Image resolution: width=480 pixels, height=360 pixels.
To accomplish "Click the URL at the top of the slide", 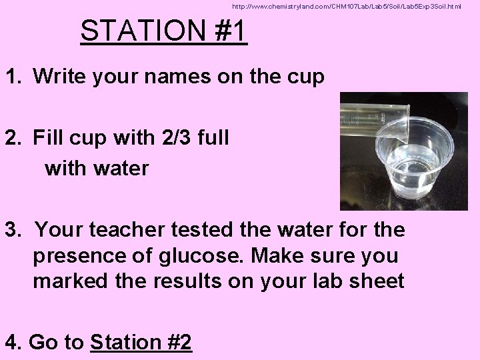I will (x=346, y=7).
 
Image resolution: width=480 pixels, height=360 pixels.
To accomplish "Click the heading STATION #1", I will (x=163, y=31).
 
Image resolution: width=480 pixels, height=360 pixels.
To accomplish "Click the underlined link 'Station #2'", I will (x=141, y=343).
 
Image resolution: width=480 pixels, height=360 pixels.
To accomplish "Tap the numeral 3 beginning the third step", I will (x=11, y=230).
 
